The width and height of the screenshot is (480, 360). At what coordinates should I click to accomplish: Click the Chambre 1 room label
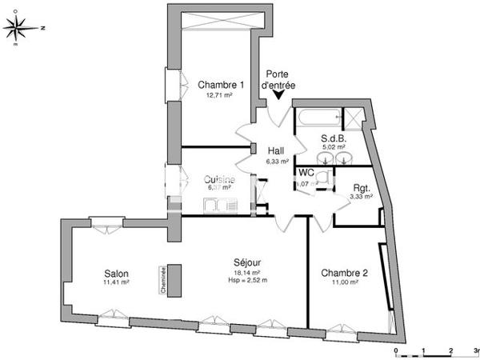(x=220, y=85)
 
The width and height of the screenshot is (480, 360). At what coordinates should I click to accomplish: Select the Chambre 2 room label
(x=345, y=274)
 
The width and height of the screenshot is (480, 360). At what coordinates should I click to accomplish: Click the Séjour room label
(x=247, y=262)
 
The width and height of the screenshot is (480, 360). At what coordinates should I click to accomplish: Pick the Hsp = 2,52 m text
(x=247, y=281)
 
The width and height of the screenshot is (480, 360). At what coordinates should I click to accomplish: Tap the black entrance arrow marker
(x=278, y=96)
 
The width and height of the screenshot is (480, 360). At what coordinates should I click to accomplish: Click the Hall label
(x=276, y=150)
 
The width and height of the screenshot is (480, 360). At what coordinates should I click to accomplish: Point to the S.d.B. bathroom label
(x=333, y=137)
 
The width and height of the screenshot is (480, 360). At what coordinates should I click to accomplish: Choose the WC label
(x=306, y=173)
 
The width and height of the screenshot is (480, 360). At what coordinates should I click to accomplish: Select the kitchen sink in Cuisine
(x=217, y=206)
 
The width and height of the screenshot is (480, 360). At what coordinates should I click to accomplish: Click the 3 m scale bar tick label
(x=476, y=350)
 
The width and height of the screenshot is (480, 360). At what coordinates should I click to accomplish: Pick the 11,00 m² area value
(x=345, y=283)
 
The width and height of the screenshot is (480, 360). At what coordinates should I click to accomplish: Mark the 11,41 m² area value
(x=116, y=282)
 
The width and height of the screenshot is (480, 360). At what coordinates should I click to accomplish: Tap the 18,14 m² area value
(x=247, y=272)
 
